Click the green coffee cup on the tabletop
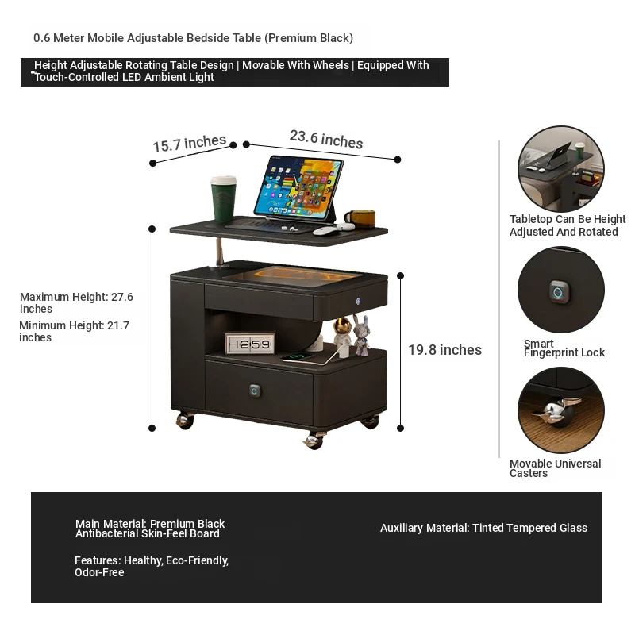(x=224, y=199)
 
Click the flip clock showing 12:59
(x=250, y=344)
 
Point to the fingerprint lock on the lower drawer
(x=255, y=391)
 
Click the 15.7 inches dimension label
(x=190, y=144)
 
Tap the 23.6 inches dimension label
(x=326, y=140)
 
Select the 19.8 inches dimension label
(x=444, y=350)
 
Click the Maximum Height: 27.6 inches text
(x=76, y=302)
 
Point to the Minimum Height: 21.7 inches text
(x=74, y=331)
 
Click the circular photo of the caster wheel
(x=561, y=410)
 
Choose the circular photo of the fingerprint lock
(x=561, y=290)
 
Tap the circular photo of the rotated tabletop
(x=561, y=169)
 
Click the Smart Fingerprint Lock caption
(x=564, y=348)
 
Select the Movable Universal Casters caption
(x=555, y=468)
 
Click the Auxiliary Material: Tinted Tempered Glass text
(x=483, y=528)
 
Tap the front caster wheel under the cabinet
(x=314, y=441)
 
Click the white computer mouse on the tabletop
(x=326, y=232)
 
